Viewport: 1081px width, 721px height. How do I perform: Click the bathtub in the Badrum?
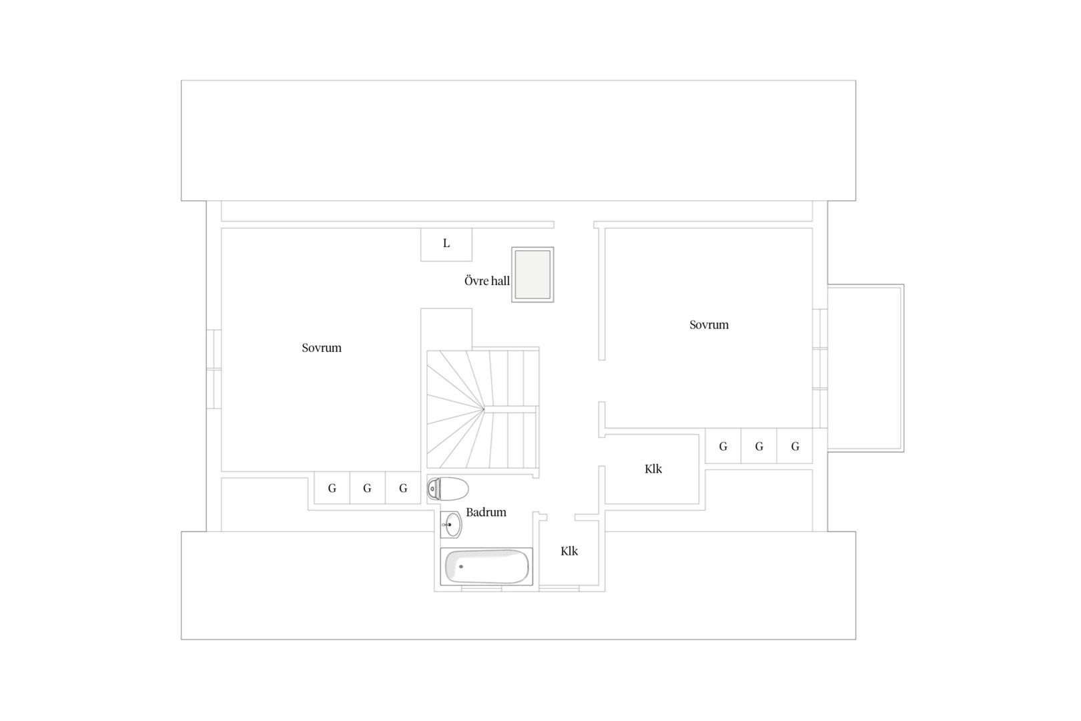[486, 567]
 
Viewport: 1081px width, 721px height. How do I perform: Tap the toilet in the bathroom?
[448, 489]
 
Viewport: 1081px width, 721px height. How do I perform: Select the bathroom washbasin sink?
[452, 525]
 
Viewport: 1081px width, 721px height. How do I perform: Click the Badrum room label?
[486, 513]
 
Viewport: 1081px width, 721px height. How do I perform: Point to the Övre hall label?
[487, 281]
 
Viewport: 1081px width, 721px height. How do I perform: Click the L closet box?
[446, 244]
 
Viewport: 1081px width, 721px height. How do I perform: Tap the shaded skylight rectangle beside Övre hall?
[532, 275]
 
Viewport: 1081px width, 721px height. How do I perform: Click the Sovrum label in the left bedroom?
[322, 348]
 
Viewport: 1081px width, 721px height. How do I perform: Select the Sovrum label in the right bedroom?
[709, 324]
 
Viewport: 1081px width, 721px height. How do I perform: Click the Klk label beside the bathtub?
[569, 551]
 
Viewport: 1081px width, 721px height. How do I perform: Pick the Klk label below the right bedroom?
[653, 469]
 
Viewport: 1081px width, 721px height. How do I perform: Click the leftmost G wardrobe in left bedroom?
[332, 488]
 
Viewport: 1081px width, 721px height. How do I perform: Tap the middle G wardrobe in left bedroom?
[367, 488]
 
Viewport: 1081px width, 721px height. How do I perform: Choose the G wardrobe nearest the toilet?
[403, 488]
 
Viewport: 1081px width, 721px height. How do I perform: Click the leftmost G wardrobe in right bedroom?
[723, 446]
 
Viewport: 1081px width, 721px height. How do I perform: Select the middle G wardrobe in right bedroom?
[759, 446]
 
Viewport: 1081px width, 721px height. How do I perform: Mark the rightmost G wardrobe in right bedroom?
[795, 446]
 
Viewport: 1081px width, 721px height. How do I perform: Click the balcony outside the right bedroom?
[865, 368]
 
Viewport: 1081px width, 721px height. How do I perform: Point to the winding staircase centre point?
[483, 409]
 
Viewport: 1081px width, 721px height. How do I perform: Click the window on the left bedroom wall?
[214, 369]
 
